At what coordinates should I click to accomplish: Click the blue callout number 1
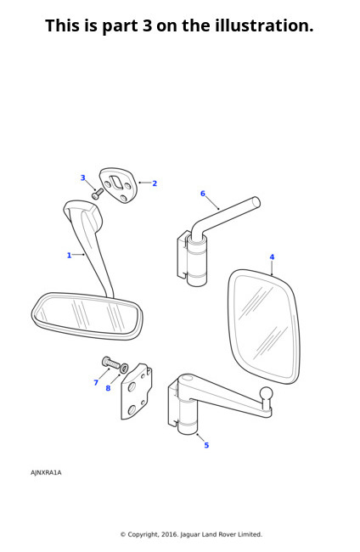(x=69, y=256)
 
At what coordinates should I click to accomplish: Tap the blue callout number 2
(x=155, y=183)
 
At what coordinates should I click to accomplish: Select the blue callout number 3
(x=83, y=177)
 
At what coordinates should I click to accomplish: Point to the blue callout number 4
(x=272, y=257)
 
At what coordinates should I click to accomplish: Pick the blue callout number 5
(x=206, y=445)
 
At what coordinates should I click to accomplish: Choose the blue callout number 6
(x=203, y=194)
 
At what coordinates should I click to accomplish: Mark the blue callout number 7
(x=96, y=383)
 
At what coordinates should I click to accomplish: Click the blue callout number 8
(x=108, y=388)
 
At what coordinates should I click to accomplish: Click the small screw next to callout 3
(x=98, y=194)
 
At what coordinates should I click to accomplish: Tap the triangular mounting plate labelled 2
(x=118, y=185)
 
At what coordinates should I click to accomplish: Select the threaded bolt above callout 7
(x=110, y=363)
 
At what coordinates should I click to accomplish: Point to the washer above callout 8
(x=124, y=369)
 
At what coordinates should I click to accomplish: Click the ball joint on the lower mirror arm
(x=266, y=393)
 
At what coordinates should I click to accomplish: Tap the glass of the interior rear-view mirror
(x=87, y=315)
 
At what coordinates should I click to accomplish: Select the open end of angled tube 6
(x=256, y=202)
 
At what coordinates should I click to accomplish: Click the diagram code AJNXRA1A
(x=46, y=472)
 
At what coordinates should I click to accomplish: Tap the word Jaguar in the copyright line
(x=190, y=534)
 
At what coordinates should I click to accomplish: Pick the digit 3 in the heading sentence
(x=147, y=25)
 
